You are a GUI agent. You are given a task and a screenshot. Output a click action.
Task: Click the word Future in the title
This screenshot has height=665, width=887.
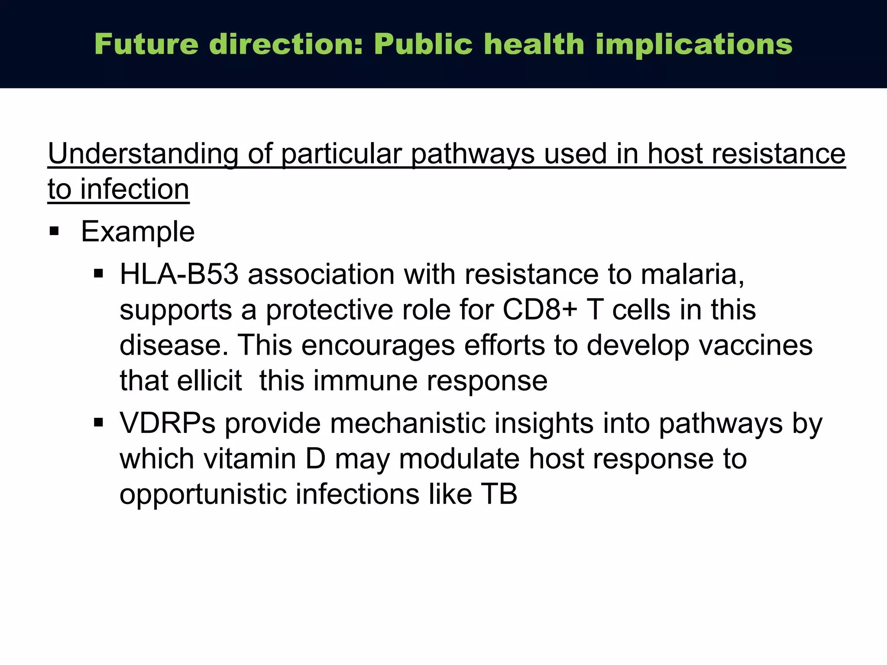(146, 44)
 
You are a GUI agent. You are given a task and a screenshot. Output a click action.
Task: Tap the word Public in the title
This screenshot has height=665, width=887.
(423, 44)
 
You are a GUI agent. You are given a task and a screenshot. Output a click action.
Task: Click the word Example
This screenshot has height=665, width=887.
(138, 232)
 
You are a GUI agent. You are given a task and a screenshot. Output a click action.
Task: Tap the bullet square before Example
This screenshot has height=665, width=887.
(54, 231)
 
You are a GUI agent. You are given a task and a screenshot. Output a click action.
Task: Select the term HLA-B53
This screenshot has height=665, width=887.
(179, 274)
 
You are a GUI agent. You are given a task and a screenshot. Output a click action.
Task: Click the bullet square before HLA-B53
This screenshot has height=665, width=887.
(99, 274)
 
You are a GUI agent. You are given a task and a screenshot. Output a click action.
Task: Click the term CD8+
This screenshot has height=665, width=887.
(540, 310)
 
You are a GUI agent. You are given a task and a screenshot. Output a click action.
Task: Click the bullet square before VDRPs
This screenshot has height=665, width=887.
(99, 422)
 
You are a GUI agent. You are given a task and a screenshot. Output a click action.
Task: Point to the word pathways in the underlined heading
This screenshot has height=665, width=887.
(473, 154)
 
